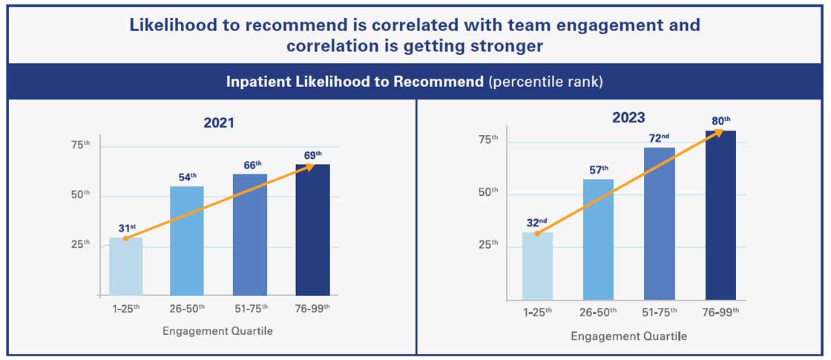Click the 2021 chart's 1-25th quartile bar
pos(125,266)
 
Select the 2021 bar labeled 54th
pos(187,240)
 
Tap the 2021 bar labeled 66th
pos(249,235)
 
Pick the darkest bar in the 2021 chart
pos(312,230)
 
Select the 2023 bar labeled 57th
pos(598,239)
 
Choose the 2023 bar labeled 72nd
pos(659,223)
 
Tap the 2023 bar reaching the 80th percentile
pos(720,215)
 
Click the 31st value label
pos(127,228)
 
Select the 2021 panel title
pos(220,123)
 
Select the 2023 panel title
pos(628,117)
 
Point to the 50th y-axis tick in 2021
pos(80,194)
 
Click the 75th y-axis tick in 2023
pos(488,139)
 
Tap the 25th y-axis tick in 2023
pos(488,244)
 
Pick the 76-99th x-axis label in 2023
pos(720,313)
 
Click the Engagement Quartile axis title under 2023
pos(628,336)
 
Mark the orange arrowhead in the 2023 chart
pos(718,133)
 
